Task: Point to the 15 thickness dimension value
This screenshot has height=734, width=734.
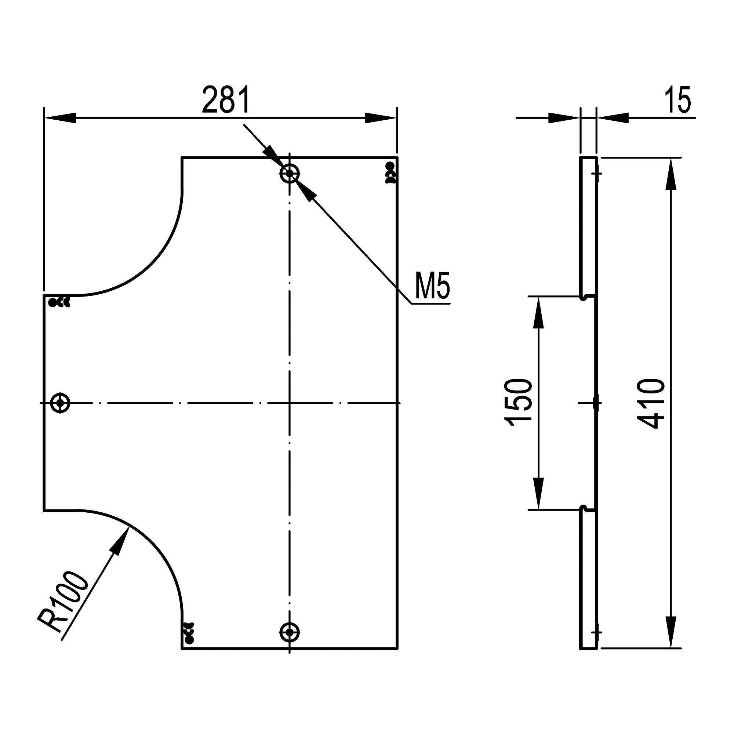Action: click(678, 100)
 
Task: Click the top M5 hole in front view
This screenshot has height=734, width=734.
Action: click(290, 174)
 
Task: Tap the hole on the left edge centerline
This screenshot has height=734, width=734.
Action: click(60, 402)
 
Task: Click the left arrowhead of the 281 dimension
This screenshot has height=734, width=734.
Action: click(60, 118)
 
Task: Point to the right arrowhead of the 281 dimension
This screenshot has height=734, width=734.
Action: click(381, 118)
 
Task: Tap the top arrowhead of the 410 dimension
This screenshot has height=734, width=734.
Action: click(671, 173)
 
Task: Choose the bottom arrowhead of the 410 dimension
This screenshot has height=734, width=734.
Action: click(671, 632)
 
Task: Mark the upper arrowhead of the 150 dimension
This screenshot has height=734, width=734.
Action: click(538, 312)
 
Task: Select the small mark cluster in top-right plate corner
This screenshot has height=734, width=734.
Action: click(390, 173)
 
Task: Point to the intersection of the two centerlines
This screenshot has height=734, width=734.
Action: click(290, 402)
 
